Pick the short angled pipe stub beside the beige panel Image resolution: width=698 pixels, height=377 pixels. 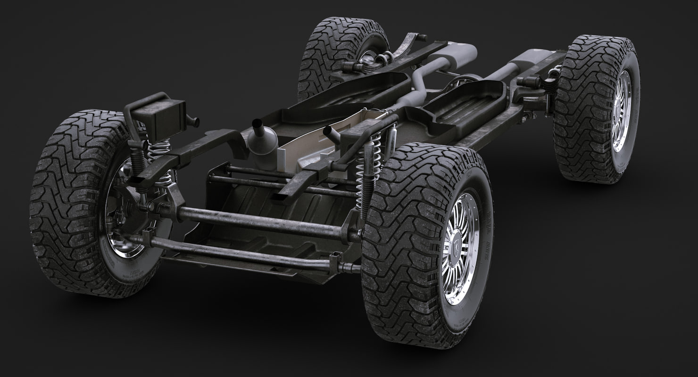click(332, 135)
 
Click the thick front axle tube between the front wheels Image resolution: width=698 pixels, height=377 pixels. click(259, 221)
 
